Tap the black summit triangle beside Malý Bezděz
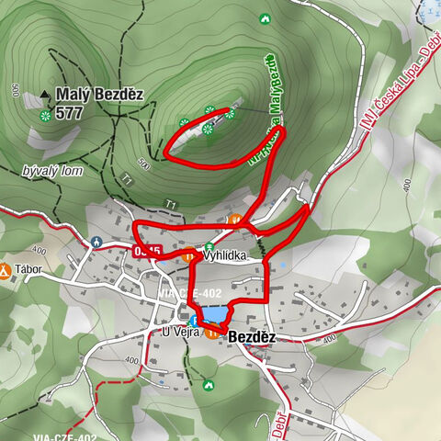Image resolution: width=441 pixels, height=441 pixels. point(45,94)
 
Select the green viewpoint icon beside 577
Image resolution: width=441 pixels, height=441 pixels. point(45,115)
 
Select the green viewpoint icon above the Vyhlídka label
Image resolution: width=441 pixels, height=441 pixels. point(209,246)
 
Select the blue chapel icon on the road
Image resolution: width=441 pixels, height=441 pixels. point(96,242)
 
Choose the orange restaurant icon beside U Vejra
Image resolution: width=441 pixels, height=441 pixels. point(213,334)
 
